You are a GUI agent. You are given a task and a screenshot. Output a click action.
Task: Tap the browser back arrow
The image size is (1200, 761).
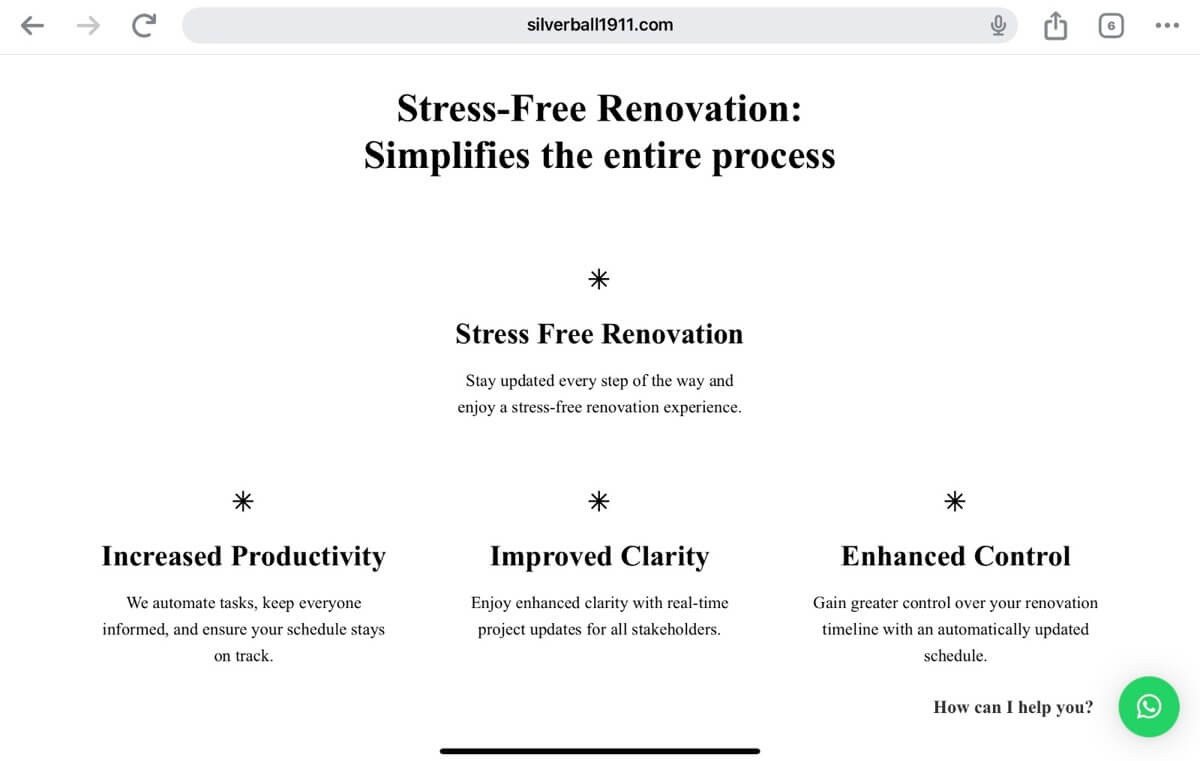pyautogui.click(x=32, y=25)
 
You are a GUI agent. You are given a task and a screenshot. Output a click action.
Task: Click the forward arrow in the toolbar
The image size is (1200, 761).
pyautogui.click(x=88, y=25)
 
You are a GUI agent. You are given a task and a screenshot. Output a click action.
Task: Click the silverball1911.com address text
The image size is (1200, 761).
pyautogui.click(x=599, y=25)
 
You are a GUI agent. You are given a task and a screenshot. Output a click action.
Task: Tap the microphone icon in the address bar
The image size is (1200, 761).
pyautogui.click(x=998, y=25)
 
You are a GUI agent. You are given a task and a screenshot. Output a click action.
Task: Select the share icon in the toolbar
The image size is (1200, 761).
pyautogui.click(x=1055, y=25)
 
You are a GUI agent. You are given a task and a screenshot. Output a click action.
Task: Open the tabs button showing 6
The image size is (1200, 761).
pyautogui.click(x=1111, y=26)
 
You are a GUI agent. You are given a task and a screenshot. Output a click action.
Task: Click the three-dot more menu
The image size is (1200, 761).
pyautogui.click(x=1167, y=25)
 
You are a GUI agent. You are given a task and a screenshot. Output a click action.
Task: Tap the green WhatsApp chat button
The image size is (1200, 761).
pyautogui.click(x=1149, y=706)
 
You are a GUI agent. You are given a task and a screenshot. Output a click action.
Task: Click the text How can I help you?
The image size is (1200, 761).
pyautogui.click(x=1013, y=707)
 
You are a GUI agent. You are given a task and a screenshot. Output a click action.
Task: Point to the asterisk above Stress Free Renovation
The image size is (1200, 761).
pyautogui.click(x=599, y=279)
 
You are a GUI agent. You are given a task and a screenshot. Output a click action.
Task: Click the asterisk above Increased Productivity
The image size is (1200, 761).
pyautogui.click(x=243, y=501)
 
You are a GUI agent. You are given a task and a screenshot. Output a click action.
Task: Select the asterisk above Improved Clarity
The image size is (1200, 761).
pyautogui.click(x=599, y=501)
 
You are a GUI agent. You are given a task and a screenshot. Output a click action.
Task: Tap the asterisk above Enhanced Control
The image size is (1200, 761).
pyautogui.click(x=955, y=501)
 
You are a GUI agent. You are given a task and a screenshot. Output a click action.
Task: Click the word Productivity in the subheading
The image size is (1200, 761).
pyautogui.click(x=309, y=557)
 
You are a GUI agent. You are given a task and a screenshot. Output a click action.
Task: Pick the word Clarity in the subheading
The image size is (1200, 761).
pyautogui.click(x=665, y=557)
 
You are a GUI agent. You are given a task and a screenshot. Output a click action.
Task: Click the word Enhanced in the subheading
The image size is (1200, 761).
pyautogui.click(x=904, y=556)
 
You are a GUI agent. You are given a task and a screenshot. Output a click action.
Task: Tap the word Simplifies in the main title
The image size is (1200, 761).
pyautogui.click(x=447, y=156)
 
